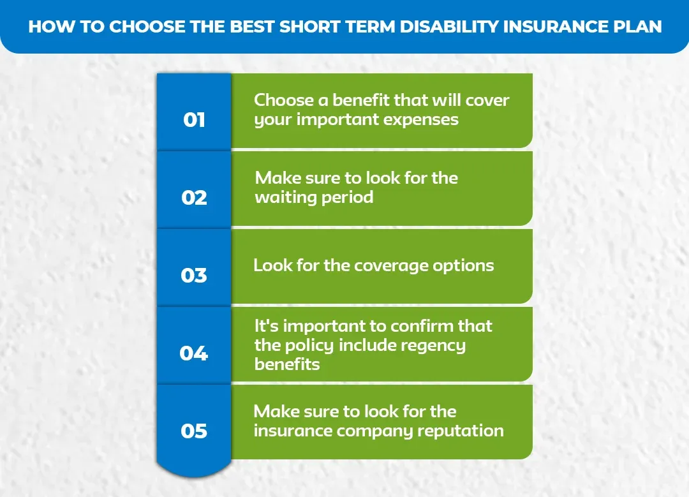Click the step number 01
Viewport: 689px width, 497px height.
(194, 119)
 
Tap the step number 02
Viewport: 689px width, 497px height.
(194, 197)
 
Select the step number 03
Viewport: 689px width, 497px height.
(194, 275)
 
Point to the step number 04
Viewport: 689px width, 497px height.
(194, 353)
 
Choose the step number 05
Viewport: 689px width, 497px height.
(194, 431)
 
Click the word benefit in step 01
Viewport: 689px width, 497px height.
(353, 100)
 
